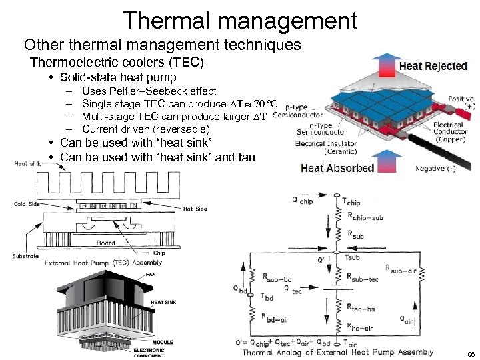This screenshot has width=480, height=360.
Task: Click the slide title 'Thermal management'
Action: click(x=240, y=19)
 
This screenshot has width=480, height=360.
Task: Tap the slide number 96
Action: click(x=471, y=354)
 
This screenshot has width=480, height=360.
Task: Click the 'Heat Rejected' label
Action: click(x=433, y=66)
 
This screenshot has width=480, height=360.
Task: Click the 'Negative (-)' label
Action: click(x=435, y=169)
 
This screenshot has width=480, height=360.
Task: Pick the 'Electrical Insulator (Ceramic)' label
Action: click(x=327, y=147)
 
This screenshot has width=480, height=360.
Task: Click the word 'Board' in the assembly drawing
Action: click(x=106, y=243)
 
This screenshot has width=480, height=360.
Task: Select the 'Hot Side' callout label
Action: click(x=195, y=209)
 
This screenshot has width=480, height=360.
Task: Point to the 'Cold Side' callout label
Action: click(x=29, y=204)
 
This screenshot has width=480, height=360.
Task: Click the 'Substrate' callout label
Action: click(x=25, y=256)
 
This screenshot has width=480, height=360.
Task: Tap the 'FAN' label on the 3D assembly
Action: click(x=151, y=274)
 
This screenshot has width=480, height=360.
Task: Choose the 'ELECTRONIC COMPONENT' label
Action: click(x=149, y=353)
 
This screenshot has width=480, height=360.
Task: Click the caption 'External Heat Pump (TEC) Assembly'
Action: click(x=103, y=263)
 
